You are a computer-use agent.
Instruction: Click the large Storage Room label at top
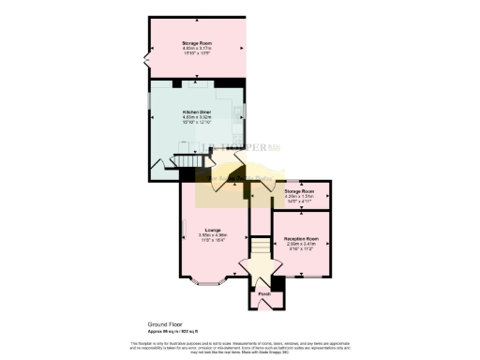(197, 43)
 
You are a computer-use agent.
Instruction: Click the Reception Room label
(302, 239)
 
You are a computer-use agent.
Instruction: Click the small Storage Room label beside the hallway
(301, 190)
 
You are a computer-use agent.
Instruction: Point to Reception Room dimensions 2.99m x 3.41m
(302, 246)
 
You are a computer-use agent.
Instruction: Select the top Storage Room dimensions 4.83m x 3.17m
(197, 49)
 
